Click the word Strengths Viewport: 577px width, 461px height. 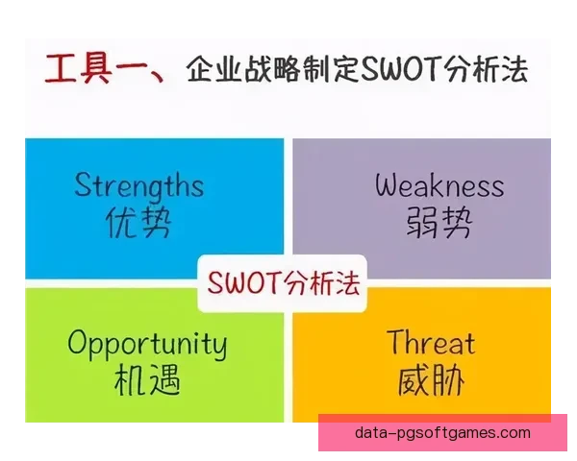[138, 184]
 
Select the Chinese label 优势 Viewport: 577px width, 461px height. [138, 223]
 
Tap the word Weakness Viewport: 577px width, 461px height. [439, 184]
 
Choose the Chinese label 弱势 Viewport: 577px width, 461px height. [439, 223]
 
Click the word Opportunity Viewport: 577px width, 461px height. [147, 344]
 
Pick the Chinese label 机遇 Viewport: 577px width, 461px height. [145, 381]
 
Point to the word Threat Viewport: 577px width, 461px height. [431, 342]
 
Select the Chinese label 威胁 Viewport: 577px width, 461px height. [431, 381]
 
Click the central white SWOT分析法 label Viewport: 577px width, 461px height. [283, 282]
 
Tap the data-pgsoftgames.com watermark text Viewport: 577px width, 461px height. [442, 433]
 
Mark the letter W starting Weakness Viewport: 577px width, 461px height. [388, 184]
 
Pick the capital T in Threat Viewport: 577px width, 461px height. [396, 342]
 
